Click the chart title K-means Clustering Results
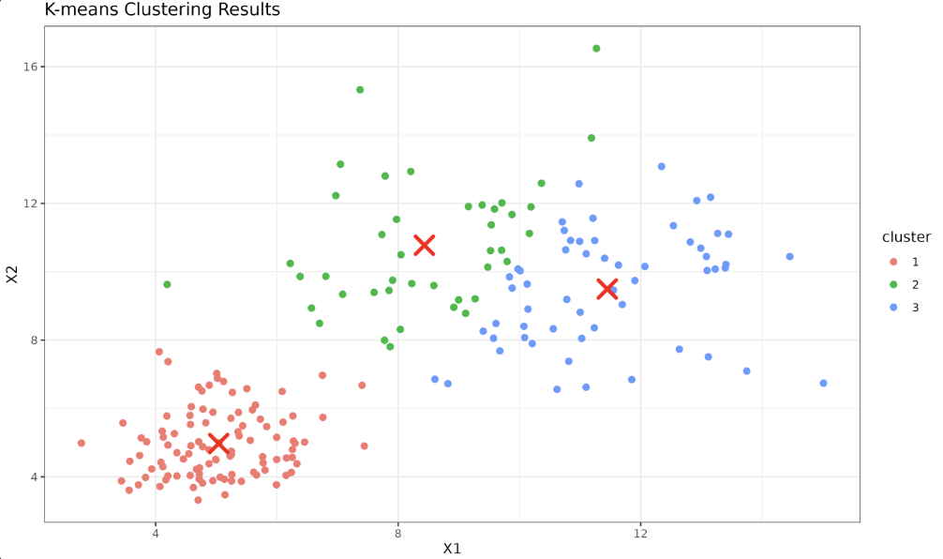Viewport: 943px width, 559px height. [x=161, y=10]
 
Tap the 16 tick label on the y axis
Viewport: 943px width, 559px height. [x=30, y=67]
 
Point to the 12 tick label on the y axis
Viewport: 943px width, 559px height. [x=30, y=204]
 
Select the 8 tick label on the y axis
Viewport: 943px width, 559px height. [x=33, y=340]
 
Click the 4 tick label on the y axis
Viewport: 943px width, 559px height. [x=33, y=477]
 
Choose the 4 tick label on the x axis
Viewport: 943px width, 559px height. [x=156, y=533]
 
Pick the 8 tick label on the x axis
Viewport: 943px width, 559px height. [x=398, y=533]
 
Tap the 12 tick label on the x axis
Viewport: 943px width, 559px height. [x=641, y=533]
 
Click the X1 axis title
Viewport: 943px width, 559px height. [x=452, y=550]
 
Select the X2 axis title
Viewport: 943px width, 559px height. [x=12, y=274]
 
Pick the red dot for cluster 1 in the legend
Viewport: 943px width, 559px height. [x=892, y=262]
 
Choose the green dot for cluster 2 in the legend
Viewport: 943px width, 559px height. [x=892, y=284]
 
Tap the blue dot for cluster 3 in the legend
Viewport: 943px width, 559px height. [x=892, y=308]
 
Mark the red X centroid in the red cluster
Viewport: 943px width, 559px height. [x=218, y=443]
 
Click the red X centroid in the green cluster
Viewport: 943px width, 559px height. [x=424, y=245]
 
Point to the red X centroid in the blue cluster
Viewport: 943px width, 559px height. [x=606, y=288]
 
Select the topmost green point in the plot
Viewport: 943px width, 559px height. [x=596, y=49]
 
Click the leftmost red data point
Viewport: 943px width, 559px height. [x=82, y=443]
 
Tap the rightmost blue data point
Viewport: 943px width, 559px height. [x=823, y=384]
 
